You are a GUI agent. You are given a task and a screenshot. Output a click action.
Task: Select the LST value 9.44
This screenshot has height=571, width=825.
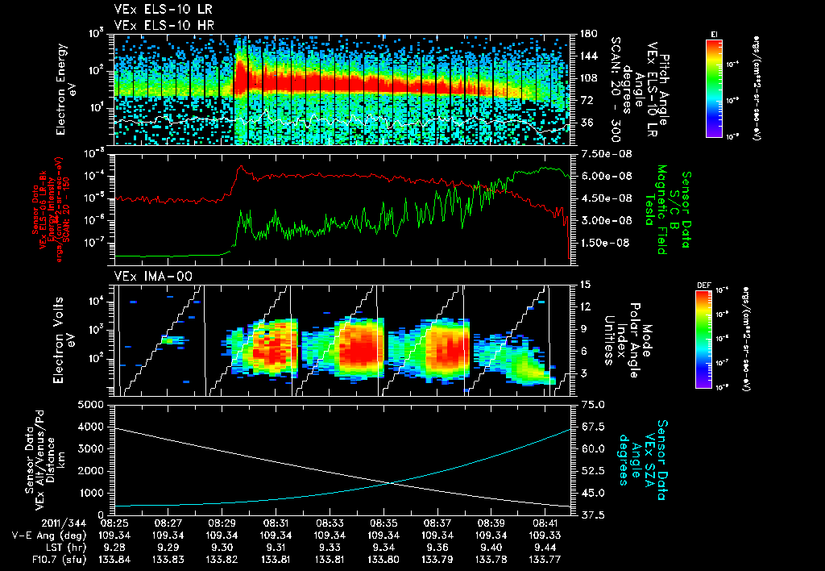coord(545,547)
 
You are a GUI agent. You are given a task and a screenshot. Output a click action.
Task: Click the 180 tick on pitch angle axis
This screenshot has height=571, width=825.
coord(585,34)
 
